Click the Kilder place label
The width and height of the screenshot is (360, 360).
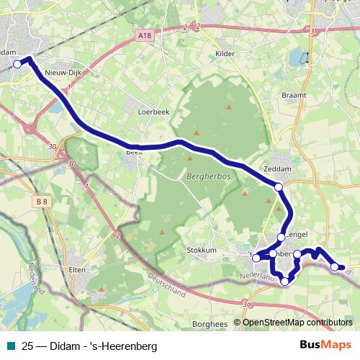click(226, 53)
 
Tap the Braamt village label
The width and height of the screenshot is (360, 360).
click(295, 94)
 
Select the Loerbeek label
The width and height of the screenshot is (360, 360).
click(153, 112)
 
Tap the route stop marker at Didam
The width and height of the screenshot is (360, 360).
click(17, 64)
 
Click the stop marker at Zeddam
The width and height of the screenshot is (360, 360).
click(279, 187)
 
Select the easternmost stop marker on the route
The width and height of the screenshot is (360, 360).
click(335, 267)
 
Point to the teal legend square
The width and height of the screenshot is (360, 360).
click(9, 346)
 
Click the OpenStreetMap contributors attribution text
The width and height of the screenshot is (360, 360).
click(297, 323)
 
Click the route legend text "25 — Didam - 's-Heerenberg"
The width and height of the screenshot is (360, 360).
click(89, 346)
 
